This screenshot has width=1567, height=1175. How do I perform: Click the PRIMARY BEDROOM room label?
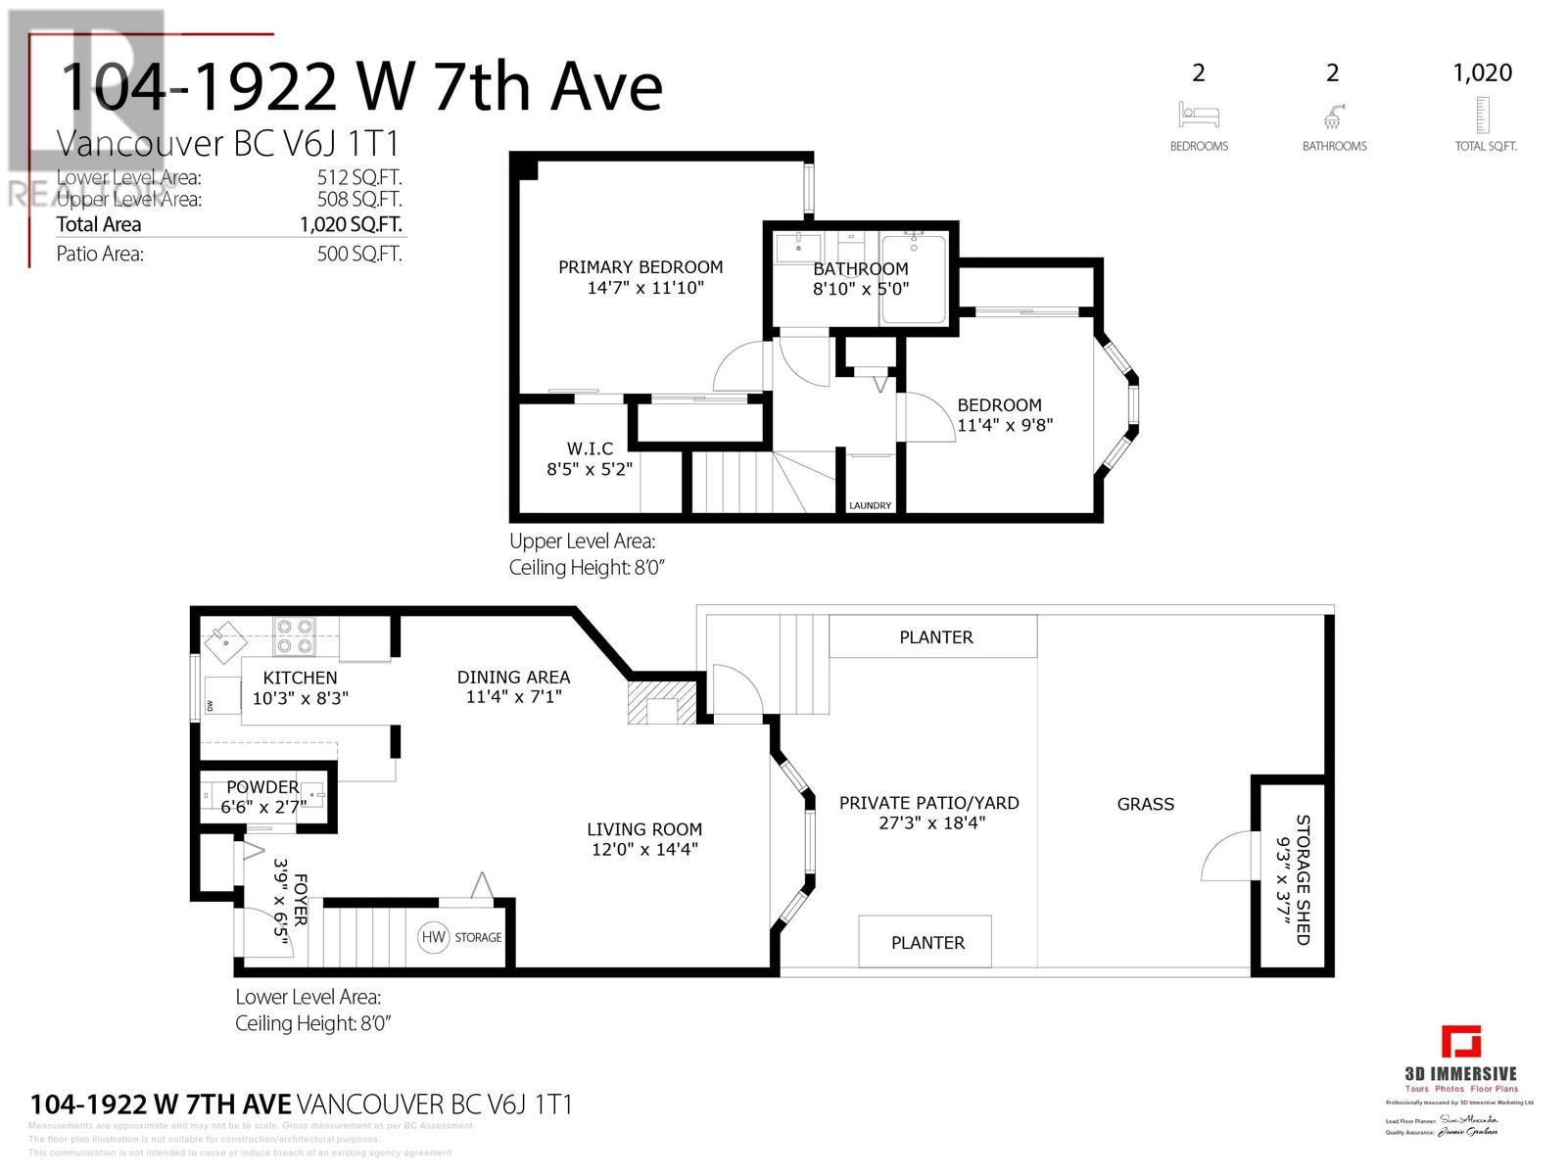pos(641,267)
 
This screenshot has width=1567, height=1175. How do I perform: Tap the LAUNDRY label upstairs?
pos(870,505)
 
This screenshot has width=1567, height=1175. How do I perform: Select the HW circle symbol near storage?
pos(433,937)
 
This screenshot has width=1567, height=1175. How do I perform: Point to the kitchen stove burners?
pos(294,635)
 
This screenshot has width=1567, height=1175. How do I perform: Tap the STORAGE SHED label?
pos(1303,879)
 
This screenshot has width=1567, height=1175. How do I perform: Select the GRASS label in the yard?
pos(1145,804)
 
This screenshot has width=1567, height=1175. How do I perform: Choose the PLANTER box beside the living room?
pos(926,942)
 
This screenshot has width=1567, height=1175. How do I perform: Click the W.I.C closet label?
pos(590,448)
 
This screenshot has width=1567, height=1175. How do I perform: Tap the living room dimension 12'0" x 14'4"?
pos(643,849)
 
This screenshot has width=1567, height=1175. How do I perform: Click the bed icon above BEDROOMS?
pos(1198,116)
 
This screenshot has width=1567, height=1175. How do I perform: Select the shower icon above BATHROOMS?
pos(1332,117)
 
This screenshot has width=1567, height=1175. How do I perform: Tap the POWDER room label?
pos(261,787)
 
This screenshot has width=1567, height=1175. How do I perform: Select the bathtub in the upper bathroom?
pos(914,279)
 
